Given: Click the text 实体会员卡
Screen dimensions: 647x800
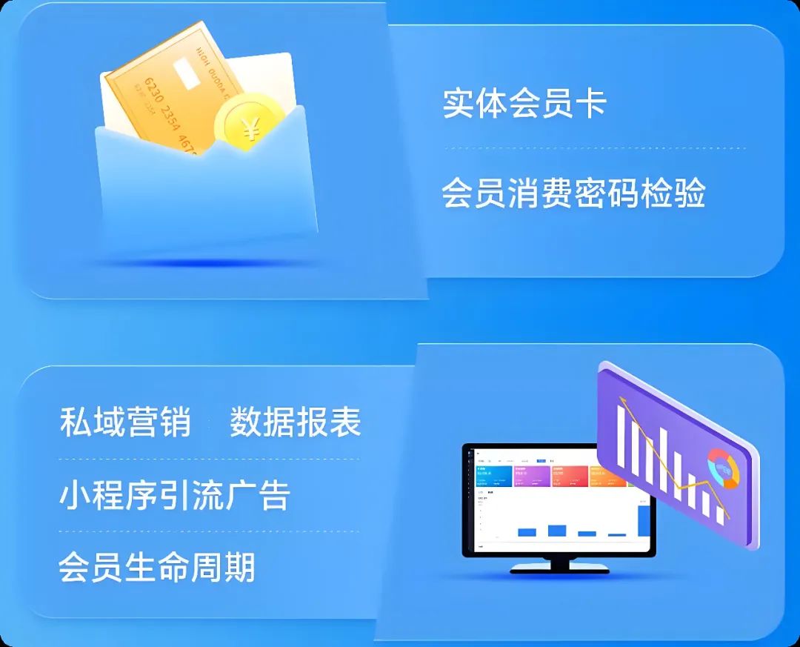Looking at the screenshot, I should coord(524,103).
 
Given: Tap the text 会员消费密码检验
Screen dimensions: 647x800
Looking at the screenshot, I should coord(573,193).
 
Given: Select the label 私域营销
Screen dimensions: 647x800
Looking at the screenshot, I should coord(125,422).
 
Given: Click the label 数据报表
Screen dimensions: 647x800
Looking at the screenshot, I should coord(295,422).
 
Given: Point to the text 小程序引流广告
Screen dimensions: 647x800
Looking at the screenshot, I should coord(174,495).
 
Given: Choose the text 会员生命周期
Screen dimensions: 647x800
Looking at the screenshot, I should coord(157,568).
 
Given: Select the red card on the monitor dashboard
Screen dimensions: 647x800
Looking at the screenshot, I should coord(569,476).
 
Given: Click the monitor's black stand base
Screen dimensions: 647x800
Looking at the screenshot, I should coord(559,570).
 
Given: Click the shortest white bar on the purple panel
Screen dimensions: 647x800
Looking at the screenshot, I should coord(719,511).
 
